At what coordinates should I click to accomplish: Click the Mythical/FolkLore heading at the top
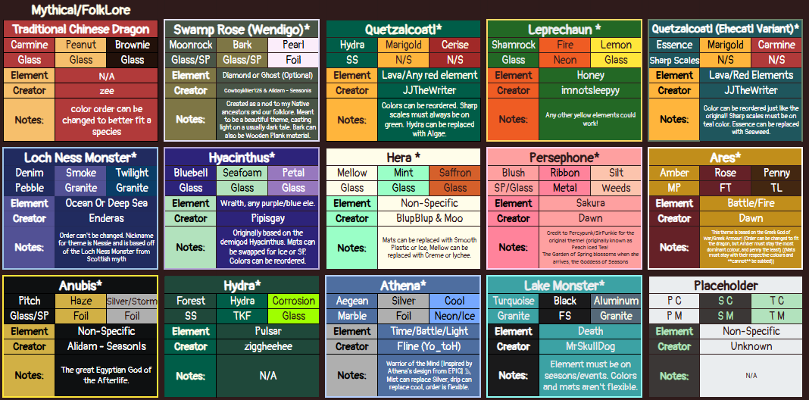click(x=81, y=11)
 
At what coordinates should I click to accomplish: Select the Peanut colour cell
click(x=80, y=45)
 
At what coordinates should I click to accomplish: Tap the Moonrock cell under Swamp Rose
click(x=190, y=45)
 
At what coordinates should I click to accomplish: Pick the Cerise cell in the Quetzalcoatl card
click(x=454, y=45)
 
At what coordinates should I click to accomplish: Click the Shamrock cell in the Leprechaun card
click(x=513, y=45)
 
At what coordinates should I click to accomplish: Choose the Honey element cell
click(x=590, y=75)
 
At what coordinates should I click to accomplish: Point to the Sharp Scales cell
click(x=674, y=60)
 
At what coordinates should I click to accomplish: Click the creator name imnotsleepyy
click(x=590, y=90)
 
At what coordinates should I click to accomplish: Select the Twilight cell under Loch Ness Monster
click(x=132, y=173)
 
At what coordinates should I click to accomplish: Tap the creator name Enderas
click(x=106, y=218)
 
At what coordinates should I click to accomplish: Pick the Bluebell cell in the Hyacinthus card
click(x=190, y=173)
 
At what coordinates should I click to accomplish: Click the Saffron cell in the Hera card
click(x=454, y=173)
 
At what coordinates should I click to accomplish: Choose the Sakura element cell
click(x=590, y=203)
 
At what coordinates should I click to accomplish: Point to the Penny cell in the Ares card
click(x=776, y=173)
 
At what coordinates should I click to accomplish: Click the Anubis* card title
click(x=80, y=286)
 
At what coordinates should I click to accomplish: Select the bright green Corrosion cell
click(x=293, y=301)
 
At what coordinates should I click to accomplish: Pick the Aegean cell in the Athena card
click(x=351, y=301)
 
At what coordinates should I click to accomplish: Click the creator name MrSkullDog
click(x=590, y=346)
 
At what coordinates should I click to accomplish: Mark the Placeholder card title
click(x=726, y=286)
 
